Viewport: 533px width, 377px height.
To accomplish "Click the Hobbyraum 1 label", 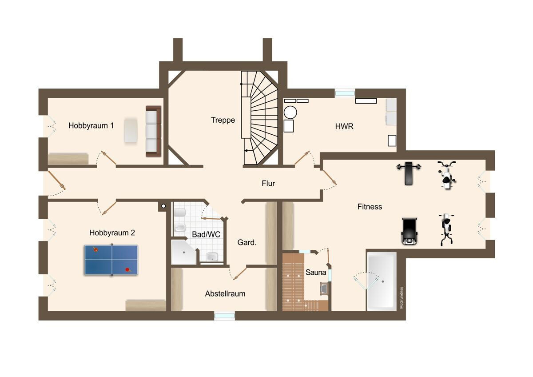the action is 91,125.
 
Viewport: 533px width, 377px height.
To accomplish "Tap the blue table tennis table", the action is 111,260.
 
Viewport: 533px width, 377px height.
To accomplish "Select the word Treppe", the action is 223,120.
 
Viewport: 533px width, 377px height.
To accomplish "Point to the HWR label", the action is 344,126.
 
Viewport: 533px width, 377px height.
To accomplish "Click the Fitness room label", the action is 370,206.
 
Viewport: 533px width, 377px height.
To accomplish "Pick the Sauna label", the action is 315,272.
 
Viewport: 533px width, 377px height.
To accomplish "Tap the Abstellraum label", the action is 225,294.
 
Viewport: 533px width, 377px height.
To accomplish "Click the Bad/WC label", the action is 206,234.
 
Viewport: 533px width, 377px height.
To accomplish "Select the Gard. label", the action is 247,242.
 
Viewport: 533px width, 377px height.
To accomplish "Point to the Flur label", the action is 268,183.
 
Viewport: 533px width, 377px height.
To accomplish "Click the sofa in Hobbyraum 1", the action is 153,131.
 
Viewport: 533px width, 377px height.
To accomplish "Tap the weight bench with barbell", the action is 409,173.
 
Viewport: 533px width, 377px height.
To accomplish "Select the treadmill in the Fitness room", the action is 409,231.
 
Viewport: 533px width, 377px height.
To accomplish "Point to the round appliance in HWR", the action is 290,112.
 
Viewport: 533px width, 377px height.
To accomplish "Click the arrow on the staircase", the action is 248,151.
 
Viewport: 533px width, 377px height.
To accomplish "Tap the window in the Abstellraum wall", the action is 224,316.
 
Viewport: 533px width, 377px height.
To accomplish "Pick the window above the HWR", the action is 345,93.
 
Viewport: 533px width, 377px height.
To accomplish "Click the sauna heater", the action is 324,289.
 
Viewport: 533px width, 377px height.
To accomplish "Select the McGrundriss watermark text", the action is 402,298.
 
